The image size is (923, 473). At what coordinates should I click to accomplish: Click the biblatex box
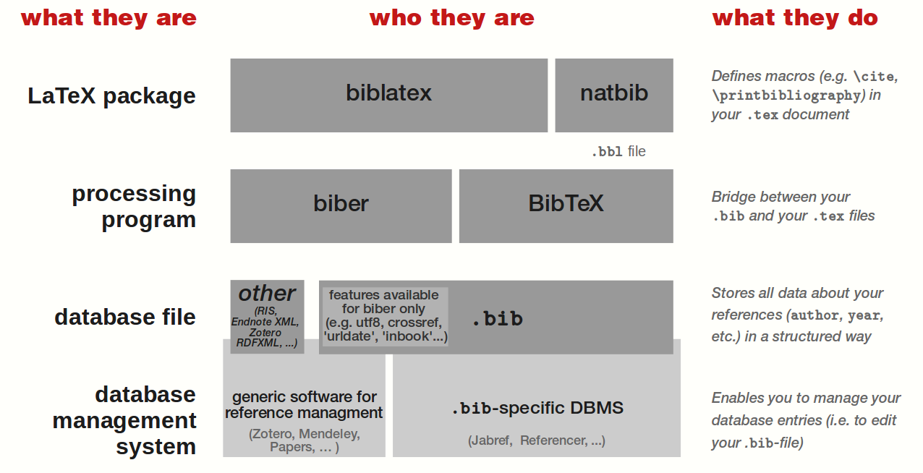[x=388, y=95]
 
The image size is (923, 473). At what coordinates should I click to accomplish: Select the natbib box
[x=614, y=95]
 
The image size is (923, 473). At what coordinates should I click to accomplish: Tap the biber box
[x=341, y=205]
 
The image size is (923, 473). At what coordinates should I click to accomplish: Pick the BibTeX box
[x=566, y=205]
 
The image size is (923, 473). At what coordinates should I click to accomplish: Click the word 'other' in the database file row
[x=267, y=294]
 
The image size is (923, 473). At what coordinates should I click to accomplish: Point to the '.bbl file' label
[x=618, y=152]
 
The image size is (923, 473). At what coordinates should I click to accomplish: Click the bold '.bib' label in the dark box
[x=497, y=319]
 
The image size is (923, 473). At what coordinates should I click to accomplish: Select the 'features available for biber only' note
[x=385, y=315]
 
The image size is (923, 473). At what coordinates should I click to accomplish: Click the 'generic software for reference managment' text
[x=304, y=405]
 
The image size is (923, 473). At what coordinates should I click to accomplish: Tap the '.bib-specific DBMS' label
[x=537, y=408]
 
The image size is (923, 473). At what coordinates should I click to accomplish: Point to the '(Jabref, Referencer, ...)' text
[x=537, y=440]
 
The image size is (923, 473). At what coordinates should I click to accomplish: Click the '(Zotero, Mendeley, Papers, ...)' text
[x=304, y=440]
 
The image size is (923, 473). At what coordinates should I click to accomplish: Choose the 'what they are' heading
[x=109, y=18]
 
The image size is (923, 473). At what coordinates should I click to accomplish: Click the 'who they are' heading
[x=451, y=18]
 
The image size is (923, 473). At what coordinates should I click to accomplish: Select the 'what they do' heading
[x=795, y=18]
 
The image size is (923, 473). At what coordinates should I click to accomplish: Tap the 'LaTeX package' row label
[x=111, y=95]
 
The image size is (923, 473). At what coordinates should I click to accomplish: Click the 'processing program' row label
[x=134, y=206]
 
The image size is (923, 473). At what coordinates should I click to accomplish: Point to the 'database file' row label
[x=124, y=317]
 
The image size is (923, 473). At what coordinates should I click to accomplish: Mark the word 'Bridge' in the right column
[x=733, y=197]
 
